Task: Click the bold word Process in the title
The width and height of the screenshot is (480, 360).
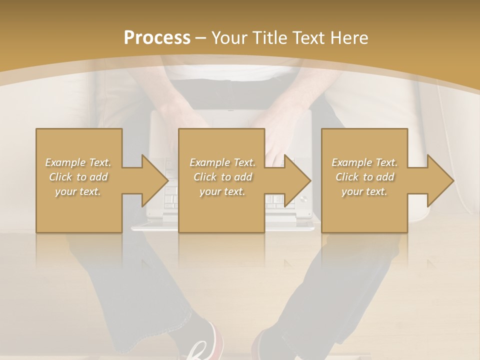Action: (157, 38)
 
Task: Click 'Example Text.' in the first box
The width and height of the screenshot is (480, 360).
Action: (78, 162)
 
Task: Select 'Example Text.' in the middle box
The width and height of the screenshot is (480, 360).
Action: (222, 162)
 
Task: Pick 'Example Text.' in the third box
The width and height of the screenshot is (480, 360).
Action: (364, 162)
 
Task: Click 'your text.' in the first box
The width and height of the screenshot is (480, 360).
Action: (78, 191)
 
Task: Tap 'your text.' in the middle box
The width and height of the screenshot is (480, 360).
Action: (222, 191)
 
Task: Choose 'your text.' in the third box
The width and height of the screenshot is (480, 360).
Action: (364, 191)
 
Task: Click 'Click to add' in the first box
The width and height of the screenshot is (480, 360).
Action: (78, 177)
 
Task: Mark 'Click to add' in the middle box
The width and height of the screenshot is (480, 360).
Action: (222, 177)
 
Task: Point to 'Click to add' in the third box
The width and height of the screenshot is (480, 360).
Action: (364, 177)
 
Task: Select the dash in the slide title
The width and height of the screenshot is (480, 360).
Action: (201, 38)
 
